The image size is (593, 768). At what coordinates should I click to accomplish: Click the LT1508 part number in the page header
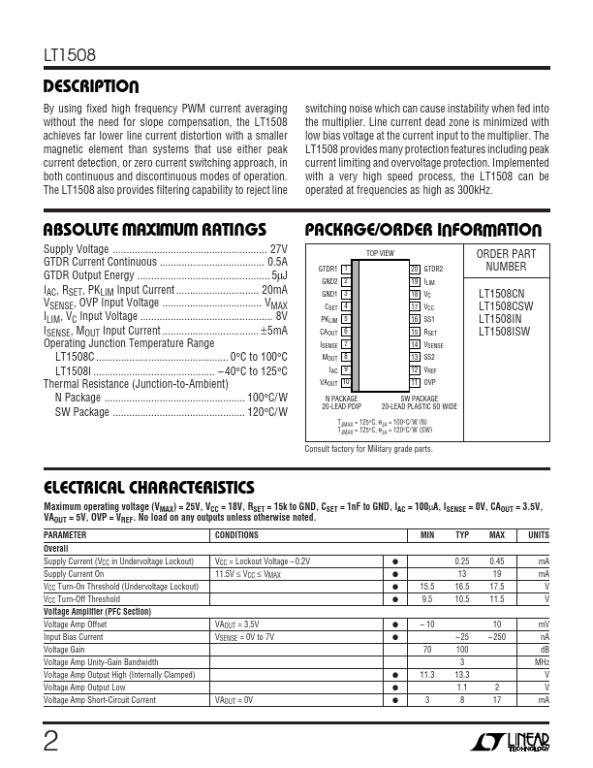[x=69, y=57]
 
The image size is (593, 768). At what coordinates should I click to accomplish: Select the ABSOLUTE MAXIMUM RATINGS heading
[x=155, y=230]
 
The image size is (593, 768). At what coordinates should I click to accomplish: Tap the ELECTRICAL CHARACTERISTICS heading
[x=150, y=487]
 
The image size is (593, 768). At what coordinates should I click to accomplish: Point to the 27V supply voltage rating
[x=278, y=248]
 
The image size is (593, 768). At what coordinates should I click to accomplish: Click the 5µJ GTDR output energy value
[x=279, y=275]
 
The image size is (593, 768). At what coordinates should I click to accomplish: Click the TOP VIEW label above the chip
[x=380, y=253]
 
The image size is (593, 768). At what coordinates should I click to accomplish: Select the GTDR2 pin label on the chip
[x=433, y=269]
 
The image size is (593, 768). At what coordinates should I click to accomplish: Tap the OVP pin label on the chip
[x=430, y=382]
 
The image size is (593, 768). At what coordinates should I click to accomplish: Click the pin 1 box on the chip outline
[x=346, y=268]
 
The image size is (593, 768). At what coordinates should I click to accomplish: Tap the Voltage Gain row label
[x=71, y=650]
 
